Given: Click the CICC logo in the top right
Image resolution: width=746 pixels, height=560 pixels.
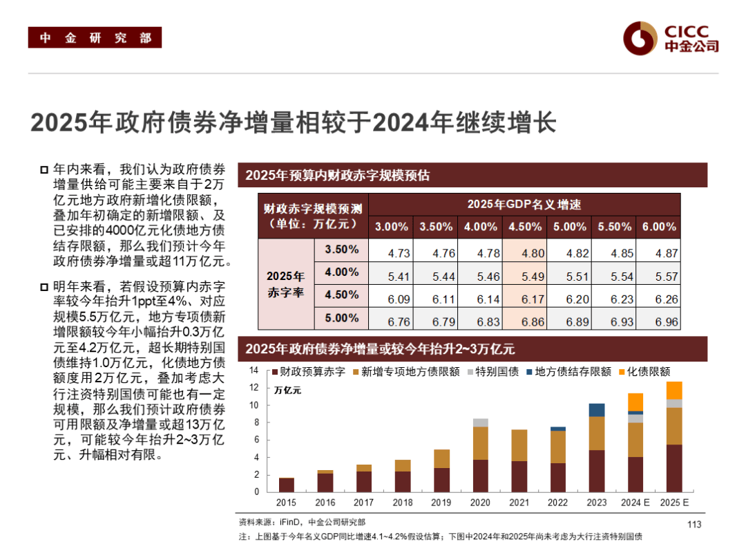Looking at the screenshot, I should tap(671, 37).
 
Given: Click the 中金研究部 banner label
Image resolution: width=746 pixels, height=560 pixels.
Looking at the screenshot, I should tap(95, 38).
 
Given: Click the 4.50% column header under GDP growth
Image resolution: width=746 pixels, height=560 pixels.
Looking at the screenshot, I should tap(524, 227).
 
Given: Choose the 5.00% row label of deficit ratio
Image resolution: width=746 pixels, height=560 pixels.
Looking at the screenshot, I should tap(341, 318).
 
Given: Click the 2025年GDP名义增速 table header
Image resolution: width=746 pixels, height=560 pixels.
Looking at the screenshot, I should tap(524, 204).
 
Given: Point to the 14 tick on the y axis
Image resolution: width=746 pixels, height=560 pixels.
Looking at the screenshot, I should tap(254, 371).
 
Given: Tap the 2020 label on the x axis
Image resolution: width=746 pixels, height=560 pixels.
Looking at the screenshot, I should tap(480, 503).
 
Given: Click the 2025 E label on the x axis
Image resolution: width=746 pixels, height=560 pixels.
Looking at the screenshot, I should tap(674, 503).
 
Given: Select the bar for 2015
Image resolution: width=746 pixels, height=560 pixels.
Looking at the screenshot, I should tap(286, 485).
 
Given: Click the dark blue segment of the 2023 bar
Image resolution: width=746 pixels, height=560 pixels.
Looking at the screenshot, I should tap(596, 410).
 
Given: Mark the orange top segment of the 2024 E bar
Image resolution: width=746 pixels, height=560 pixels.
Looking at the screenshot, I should tap(635, 402).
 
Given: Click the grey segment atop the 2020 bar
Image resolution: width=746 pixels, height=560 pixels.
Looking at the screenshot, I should tap(480, 422).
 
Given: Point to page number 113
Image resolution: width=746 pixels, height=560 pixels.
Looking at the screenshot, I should tap(694, 524).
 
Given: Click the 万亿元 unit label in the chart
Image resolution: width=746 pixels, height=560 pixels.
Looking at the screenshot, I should tap(287, 390).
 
